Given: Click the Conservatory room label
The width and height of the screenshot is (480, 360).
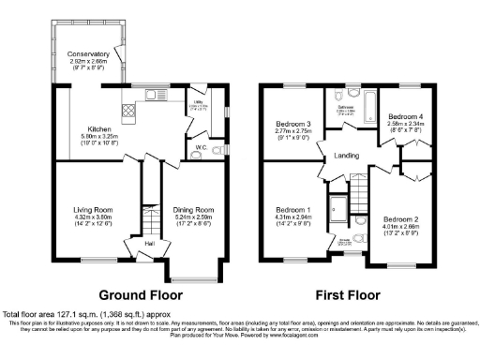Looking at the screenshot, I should pyautogui.click(x=88, y=54).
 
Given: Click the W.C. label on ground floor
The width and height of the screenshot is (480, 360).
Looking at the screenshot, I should pyautogui.click(x=200, y=146).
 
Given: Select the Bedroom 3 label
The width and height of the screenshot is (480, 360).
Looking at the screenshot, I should pyautogui.click(x=292, y=124).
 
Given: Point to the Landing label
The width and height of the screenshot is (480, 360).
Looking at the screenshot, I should pyautogui.click(x=346, y=157).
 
